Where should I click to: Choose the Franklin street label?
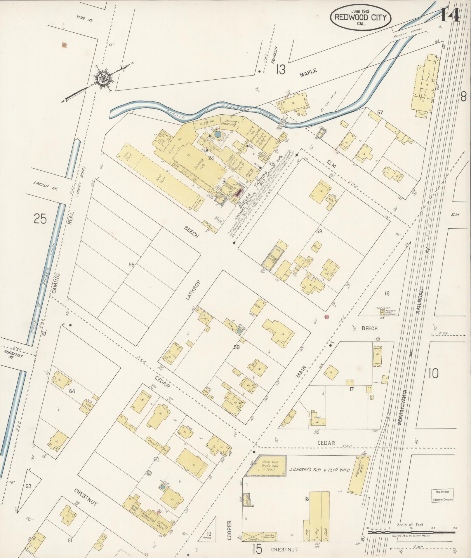pos(273,55)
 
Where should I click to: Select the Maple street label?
pos(308,73)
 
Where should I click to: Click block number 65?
pos(132,265)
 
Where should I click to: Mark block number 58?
pos(319,231)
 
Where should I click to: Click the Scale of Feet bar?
pos(411,532)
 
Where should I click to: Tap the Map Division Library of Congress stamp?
pos(443,496)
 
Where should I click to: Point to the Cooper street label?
pos(229,530)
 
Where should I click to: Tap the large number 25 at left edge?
pos(40,218)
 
